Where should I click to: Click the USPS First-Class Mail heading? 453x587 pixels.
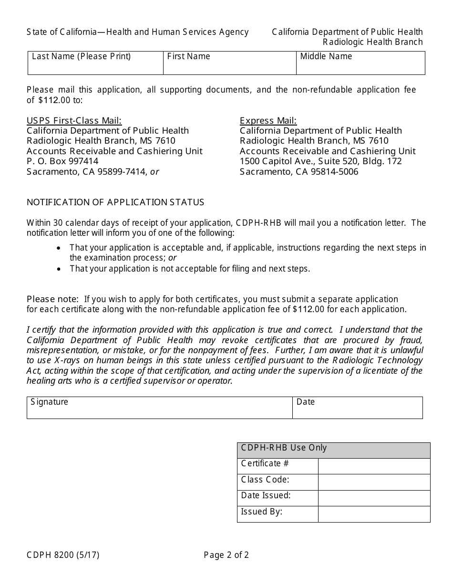(74, 120)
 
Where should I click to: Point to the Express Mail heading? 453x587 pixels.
(268, 120)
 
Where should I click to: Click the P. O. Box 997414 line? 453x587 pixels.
(62, 161)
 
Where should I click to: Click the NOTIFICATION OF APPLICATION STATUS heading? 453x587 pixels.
(115, 202)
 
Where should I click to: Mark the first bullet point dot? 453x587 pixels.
(59, 248)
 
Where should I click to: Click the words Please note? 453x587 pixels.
(52, 299)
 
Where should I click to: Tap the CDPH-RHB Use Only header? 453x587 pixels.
(284, 448)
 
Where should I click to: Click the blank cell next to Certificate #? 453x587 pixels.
(374, 466)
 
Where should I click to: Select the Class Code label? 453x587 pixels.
(265, 480)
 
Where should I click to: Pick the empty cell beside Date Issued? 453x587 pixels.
(374, 498)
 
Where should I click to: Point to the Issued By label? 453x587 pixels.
(261, 512)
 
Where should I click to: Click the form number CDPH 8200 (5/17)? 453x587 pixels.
(63, 555)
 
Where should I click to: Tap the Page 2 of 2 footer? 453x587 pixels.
(226, 555)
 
